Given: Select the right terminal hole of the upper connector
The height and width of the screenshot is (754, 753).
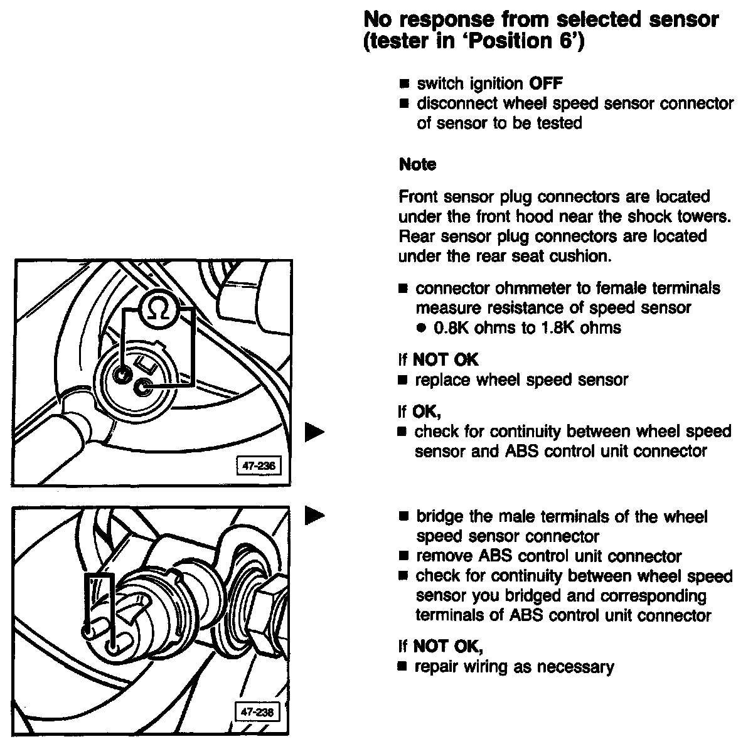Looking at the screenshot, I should (146, 389).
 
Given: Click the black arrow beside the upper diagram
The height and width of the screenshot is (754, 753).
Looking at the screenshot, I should (314, 432).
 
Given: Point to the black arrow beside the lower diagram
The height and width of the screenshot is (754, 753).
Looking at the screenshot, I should (314, 516).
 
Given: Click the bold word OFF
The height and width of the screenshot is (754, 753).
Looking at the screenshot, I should (547, 83).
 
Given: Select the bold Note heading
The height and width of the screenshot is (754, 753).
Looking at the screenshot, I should (417, 164).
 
